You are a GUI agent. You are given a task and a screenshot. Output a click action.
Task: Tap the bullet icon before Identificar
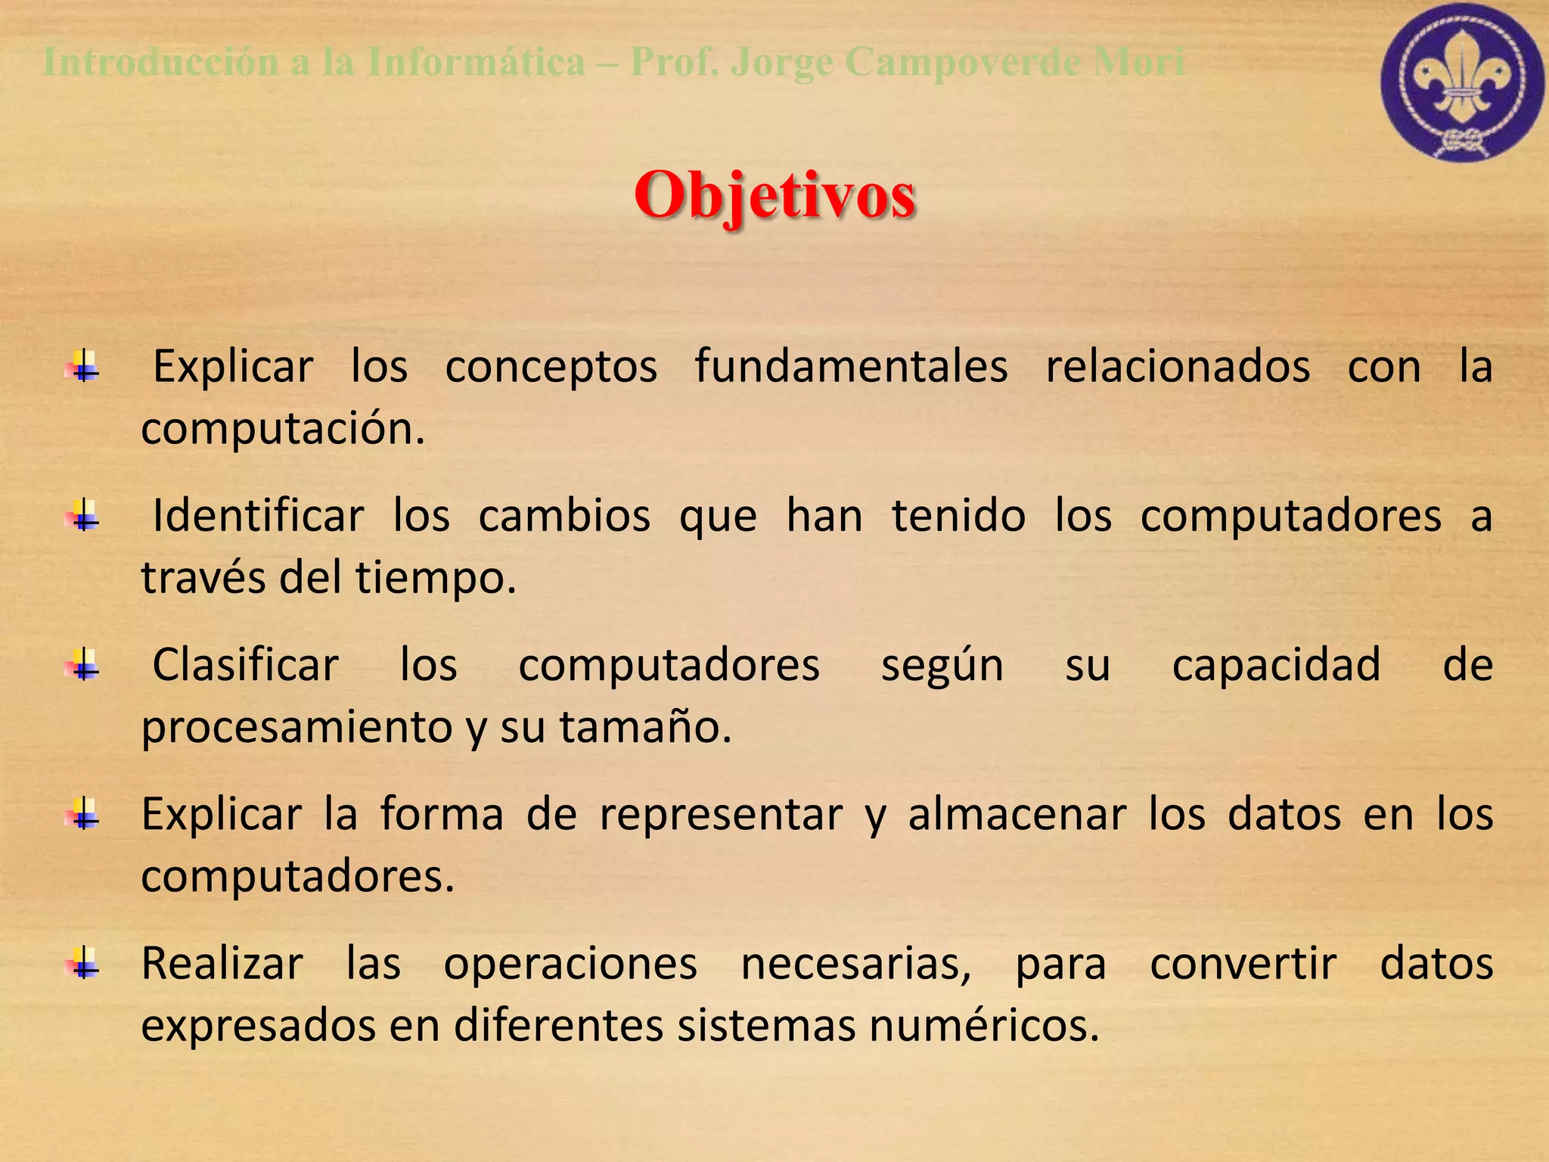click(84, 517)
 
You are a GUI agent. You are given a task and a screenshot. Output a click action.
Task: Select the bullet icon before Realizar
click(84, 965)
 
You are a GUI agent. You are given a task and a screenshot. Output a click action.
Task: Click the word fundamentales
click(851, 368)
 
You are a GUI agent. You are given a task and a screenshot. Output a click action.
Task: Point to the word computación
click(283, 430)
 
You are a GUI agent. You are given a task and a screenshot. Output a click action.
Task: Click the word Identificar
click(258, 517)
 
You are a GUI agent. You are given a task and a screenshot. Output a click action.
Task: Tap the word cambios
click(564, 517)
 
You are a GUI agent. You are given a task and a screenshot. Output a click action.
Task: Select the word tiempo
click(435, 579)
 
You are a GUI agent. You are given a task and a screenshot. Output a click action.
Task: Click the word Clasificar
click(245, 666)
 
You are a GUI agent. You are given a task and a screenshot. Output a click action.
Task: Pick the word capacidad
click(1276, 666)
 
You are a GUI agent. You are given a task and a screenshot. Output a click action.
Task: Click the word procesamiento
click(296, 729)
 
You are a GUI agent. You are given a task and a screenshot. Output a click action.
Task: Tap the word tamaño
click(644, 729)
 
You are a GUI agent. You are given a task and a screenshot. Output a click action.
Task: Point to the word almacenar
click(1017, 816)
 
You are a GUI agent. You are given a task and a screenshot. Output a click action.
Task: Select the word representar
click(721, 816)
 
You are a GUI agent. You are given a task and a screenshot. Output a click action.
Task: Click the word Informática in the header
click(476, 62)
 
